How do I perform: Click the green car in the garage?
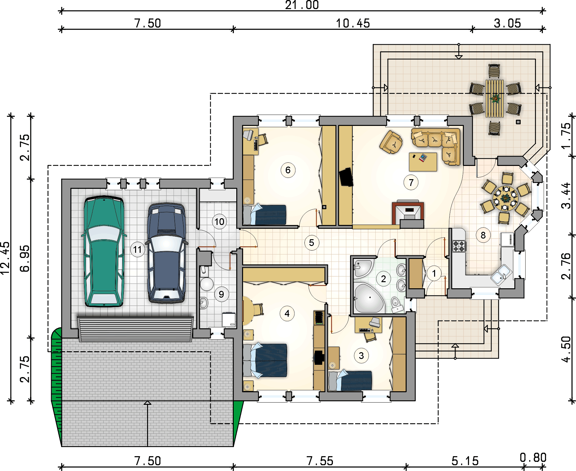click(x=104, y=251)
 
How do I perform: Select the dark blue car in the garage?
click(x=166, y=253)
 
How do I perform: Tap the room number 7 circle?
click(x=411, y=183)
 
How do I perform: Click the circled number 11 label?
click(x=137, y=249)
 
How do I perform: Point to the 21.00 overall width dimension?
click(x=302, y=5)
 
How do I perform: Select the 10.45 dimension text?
click(x=353, y=23)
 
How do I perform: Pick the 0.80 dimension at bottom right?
click(x=533, y=457)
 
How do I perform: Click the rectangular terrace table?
click(x=495, y=98)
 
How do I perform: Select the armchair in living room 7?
click(x=391, y=142)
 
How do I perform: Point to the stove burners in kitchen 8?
click(x=459, y=246)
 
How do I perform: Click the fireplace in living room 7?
click(x=408, y=214)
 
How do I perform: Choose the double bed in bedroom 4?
click(x=265, y=360)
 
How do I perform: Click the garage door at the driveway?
click(x=135, y=329)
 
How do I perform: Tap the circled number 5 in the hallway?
click(x=312, y=243)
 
